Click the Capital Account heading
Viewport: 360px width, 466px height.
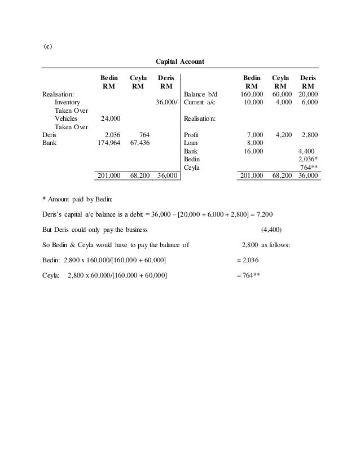pos(179,60)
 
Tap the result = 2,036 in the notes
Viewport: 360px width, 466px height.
pos(245,260)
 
